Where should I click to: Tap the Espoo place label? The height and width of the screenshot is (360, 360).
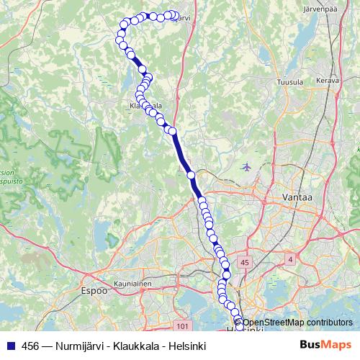pos(93,292)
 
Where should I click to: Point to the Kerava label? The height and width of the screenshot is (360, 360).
pos(327,81)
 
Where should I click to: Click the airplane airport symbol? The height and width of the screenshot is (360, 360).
pos(248,167)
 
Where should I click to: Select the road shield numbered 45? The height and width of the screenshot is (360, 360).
pos(246,264)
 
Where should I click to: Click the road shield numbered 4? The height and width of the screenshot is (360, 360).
pos(289,258)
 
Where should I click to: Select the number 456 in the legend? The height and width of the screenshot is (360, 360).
pos(30,346)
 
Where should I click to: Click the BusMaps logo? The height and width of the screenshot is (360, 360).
pos(325,345)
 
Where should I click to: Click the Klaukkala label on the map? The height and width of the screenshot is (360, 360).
pos(144,106)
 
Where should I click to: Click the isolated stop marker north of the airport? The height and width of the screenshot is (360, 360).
pos(191,175)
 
